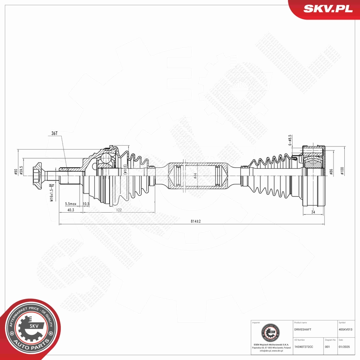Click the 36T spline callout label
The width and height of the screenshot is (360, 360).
[54, 133]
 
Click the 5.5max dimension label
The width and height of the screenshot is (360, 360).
[71, 203]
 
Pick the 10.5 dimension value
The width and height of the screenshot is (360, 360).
[86, 203]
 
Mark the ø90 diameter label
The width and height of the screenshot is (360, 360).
[16, 172]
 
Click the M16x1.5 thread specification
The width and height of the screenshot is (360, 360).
[51, 192]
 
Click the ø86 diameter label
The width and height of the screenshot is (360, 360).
[331, 172]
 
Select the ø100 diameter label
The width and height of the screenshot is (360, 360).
[342, 171]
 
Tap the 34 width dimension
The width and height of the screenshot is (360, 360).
[313, 212]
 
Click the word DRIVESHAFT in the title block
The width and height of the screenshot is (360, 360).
[303, 330]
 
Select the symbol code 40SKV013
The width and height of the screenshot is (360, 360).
[348, 330]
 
